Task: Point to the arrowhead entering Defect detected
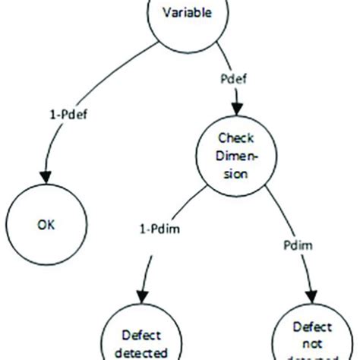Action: click(x=142, y=298)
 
